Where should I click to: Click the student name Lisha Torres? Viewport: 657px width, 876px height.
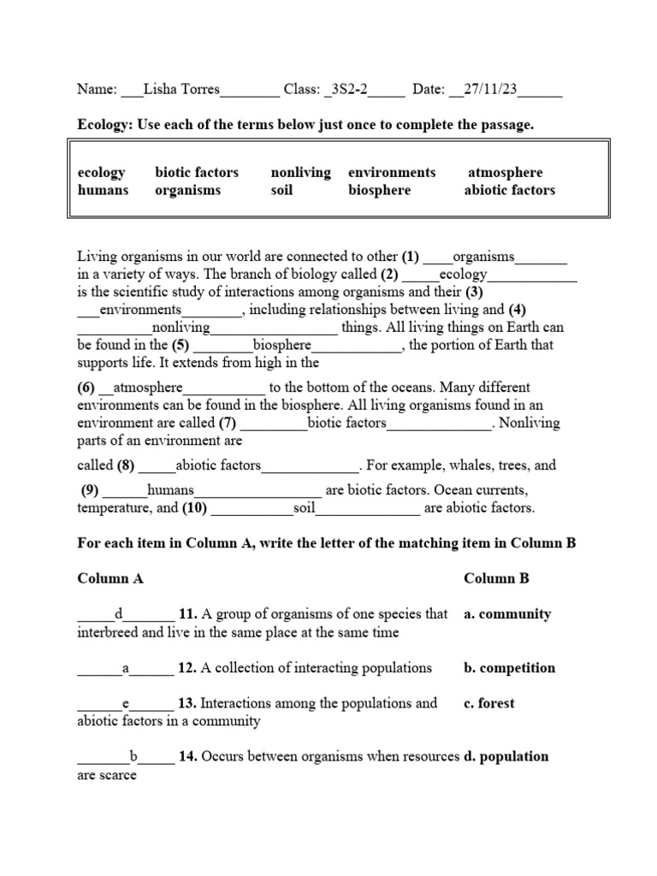click(181, 89)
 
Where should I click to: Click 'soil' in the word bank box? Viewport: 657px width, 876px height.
click(281, 190)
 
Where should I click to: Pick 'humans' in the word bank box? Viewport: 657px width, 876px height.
click(103, 190)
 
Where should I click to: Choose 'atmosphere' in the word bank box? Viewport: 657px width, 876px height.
click(505, 172)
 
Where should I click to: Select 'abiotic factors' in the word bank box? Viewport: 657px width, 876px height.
click(509, 190)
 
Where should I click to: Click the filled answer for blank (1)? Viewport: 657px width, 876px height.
click(483, 257)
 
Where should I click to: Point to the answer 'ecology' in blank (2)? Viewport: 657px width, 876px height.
click(463, 275)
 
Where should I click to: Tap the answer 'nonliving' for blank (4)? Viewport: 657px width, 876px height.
click(181, 328)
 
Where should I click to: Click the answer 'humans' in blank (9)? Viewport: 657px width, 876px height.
click(171, 490)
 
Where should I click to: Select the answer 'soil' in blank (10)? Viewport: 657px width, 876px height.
click(305, 508)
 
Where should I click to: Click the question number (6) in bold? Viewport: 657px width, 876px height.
click(89, 387)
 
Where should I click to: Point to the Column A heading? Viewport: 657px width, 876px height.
click(110, 578)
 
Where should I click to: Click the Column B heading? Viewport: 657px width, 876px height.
click(496, 578)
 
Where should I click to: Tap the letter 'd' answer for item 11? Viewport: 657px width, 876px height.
click(120, 614)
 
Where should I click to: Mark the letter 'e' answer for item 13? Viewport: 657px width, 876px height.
click(126, 703)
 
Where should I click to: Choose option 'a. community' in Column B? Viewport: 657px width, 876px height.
click(507, 614)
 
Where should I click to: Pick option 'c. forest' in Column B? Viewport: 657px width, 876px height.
click(489, 703)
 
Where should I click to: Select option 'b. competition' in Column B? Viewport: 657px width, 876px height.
click(509, 668)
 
